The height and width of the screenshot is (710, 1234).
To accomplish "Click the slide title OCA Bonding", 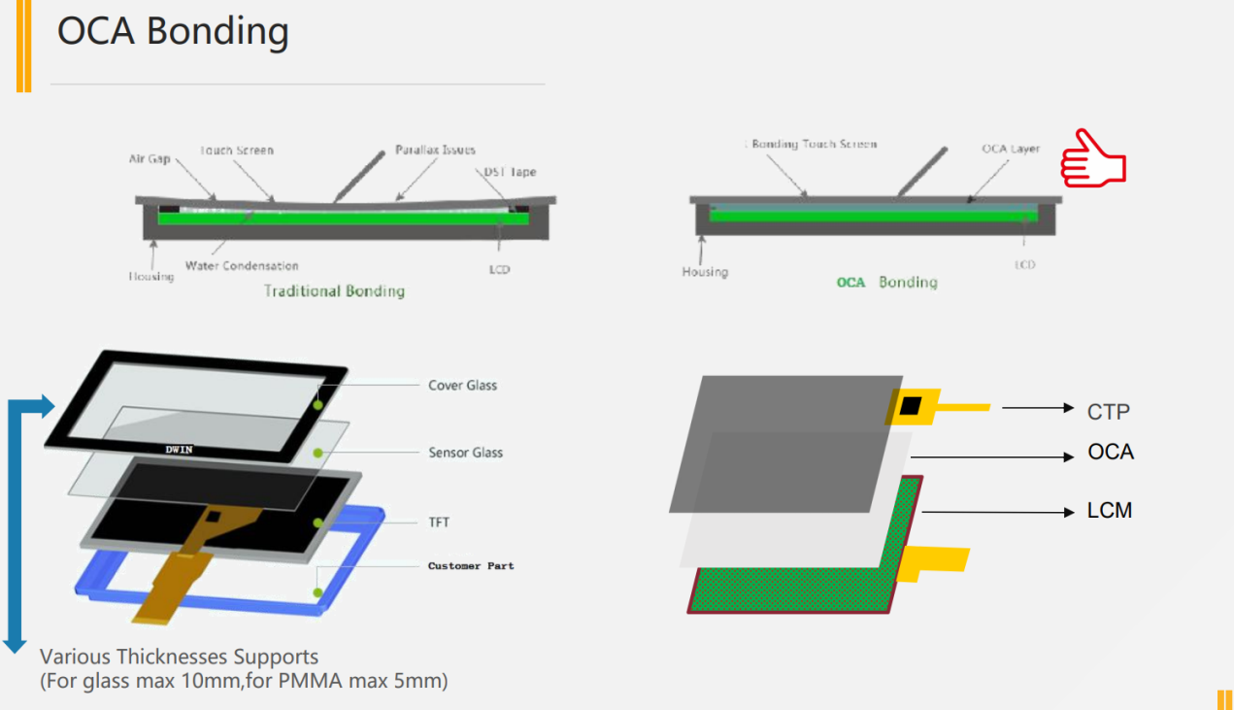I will [173, 31].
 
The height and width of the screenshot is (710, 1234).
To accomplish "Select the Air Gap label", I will [150, 158].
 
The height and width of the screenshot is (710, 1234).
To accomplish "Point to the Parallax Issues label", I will [435, 151].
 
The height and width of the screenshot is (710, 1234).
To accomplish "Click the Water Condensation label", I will [242, 265].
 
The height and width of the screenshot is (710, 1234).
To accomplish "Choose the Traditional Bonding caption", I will [334, 290].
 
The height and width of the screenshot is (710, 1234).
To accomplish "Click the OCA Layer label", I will [1010, 149].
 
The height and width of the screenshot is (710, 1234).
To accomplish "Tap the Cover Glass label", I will [462, 386].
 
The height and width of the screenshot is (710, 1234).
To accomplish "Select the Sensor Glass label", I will [465, 453].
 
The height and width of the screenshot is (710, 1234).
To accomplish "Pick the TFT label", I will [439, 523].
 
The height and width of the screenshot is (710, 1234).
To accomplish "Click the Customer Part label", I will [471, 565].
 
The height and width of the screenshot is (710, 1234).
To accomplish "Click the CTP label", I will [1108, 412].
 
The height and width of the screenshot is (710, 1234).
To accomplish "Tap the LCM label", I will [1109, 511].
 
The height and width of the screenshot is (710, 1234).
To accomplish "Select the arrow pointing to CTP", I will [1037, 408].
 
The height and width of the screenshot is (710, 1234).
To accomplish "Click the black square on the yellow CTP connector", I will [909, 406].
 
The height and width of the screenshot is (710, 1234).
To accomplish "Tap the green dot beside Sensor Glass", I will [317, 454].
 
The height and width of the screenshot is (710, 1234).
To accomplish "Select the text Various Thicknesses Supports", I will [179, 658].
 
